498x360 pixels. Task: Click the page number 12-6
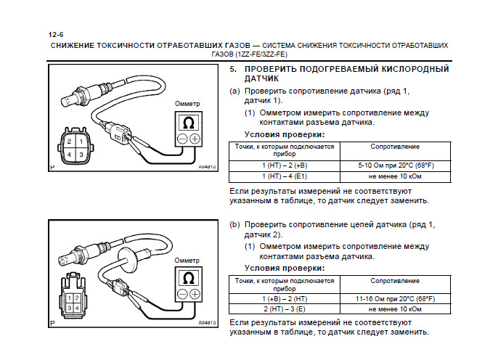[57, 34]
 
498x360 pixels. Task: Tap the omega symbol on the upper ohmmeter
[189, 122]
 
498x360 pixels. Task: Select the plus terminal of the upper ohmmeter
[195, 138]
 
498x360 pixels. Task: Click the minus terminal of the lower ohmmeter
[182, 294]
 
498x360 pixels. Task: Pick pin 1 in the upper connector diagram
[80, 139]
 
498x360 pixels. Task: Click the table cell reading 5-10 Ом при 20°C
[395, 165]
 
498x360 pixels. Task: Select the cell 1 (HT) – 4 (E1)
[284, 176]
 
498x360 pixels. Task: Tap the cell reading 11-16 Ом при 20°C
[395, 298]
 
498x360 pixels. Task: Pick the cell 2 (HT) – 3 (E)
[284, 309]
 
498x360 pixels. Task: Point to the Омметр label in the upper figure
[188, 104]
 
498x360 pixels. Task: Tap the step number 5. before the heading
[233, 69]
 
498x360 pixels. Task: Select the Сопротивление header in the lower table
[395, 280]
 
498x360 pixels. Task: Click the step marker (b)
[234, 225]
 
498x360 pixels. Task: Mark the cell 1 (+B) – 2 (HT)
[284, 298]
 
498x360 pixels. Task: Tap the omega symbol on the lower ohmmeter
[189, 278]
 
